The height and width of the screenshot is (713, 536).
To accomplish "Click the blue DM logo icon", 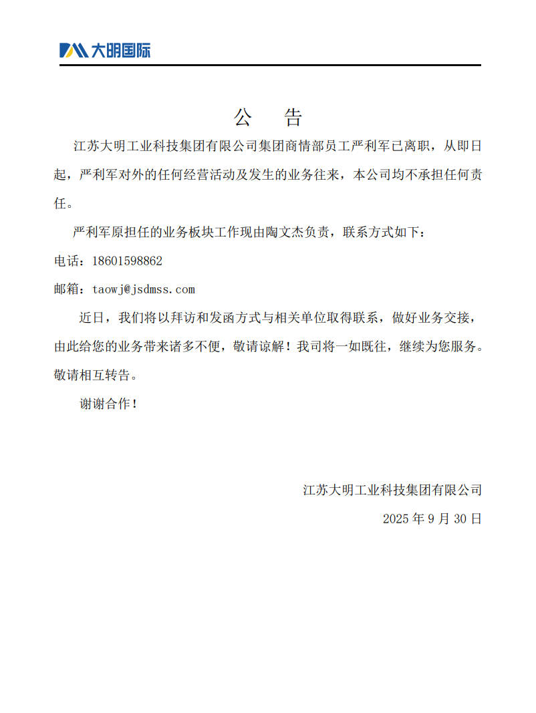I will tap(74, 50).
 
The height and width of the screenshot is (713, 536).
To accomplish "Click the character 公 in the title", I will tap(242, 118).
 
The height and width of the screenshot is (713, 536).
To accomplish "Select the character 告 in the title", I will tap(293, 118).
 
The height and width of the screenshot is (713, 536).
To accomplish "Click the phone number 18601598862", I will tap(127, 261).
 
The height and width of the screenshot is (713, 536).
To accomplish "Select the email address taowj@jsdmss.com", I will tap(144, 289).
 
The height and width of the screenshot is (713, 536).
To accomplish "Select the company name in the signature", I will tap(392, 490).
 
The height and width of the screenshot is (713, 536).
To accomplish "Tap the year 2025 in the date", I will tap(397, 519).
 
